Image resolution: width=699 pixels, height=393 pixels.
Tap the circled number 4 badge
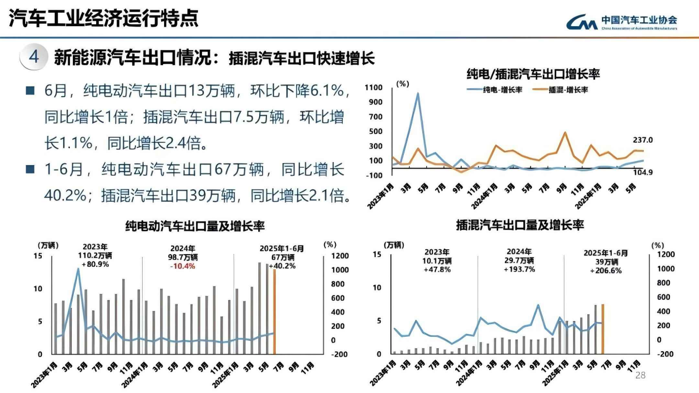point(33,56)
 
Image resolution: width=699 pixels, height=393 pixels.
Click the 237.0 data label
point(643,140)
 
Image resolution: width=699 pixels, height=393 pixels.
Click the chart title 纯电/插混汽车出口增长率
point(533,74)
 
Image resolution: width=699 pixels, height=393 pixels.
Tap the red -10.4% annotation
point(183,266)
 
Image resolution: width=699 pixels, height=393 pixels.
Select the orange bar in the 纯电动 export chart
point(274,311)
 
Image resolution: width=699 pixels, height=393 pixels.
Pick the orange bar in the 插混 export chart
point(603,329)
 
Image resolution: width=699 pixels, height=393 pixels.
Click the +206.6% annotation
point(605,270)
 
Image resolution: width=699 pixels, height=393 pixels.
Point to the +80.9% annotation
point(95,265)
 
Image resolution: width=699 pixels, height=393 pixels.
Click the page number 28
point(640,376)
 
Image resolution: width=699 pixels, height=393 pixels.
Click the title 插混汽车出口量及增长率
point(520,225)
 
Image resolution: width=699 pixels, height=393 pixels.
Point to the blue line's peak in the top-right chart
point(417,93)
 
